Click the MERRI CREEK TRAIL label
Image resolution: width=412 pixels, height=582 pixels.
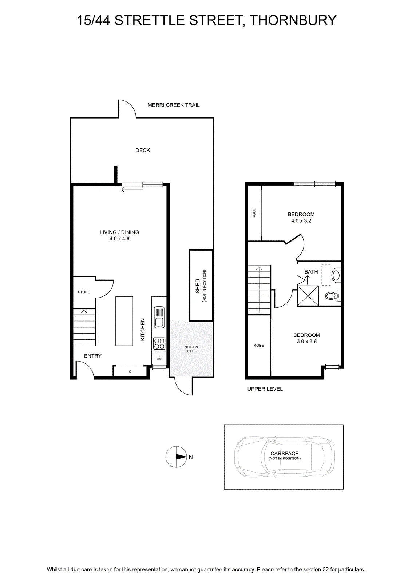pyautogui.click(x=173, y=105)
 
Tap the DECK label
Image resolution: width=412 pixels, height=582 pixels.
pyautogui.click(x=143, y=150)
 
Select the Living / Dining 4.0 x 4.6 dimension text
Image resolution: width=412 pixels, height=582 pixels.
pyautogui.click(x=119, y=239)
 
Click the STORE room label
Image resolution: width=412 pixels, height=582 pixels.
pyautogui.click(x=84, y=292)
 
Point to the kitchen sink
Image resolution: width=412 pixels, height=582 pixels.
pyautogui.click(x=159, y=317)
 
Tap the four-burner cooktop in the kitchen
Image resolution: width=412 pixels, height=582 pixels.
pyautogui.click(x=159, y=343)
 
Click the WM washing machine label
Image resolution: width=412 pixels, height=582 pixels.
pyautogui.click(x=159, y=359)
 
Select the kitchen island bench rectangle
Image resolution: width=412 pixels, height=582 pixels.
pyautogui.click(x=124, y=321)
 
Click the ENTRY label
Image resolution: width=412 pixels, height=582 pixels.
pyautogui.click(x=92, y=356)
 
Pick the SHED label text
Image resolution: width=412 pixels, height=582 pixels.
pyautogui.click(x=198, y=286)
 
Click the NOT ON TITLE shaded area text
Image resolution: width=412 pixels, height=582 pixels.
pyautogui.click(x=191, y=349)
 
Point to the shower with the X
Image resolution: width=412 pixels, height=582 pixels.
pyautogui.click(x=308, y=296)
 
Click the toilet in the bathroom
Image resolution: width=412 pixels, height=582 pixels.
pyautogui.click(x=333, y=296)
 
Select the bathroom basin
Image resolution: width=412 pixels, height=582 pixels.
pyautogui.click(x=336, y=275)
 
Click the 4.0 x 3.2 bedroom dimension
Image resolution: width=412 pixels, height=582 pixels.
pyautogui.click(x=301, y=220)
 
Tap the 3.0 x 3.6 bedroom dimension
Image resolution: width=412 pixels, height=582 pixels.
pyautogui.click(x=307, y=342)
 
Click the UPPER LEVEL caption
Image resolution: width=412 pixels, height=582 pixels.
pyautogui.click(x=265, y=389)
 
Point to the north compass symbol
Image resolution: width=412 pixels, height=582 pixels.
pyautogui.click(x=176, y=457)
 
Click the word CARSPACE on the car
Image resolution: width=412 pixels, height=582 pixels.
pyautogui.click(x=284, y=453)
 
